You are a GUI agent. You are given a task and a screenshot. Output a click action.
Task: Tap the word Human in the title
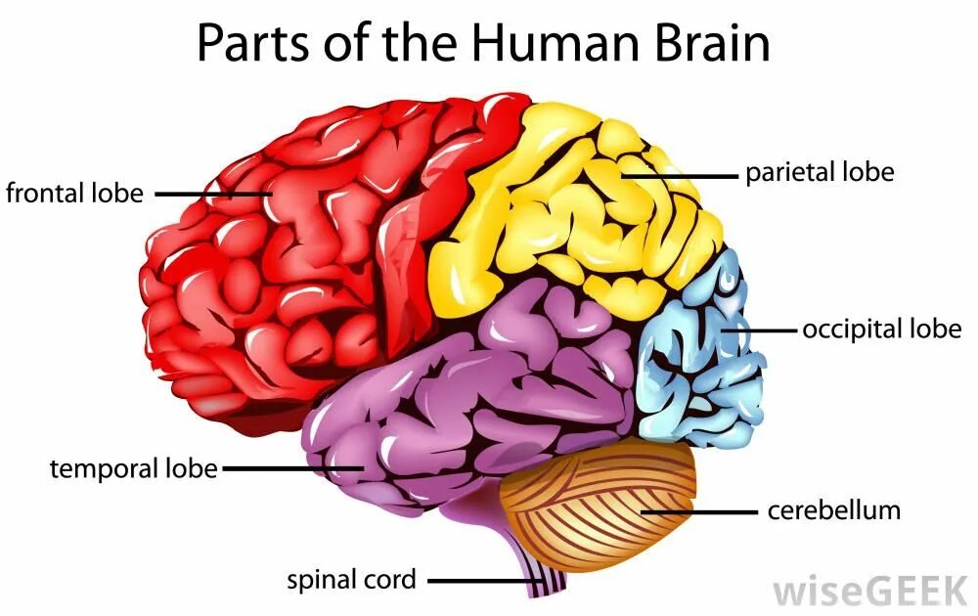click(x=534, y=43)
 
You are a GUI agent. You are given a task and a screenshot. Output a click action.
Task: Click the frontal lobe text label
click(x=74, y=193)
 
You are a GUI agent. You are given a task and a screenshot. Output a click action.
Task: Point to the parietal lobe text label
click(x=820, y=173)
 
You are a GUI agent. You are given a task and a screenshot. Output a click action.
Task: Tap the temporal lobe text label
click(x=133, y=468)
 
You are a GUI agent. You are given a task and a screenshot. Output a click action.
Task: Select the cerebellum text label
click(x=833, y=509)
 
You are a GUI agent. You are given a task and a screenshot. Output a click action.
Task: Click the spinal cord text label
click(x=351, y=579)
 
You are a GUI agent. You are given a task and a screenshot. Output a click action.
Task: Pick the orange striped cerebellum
click(x=597, y=499)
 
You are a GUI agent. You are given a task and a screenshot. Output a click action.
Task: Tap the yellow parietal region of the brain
click(x=567, y=215)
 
